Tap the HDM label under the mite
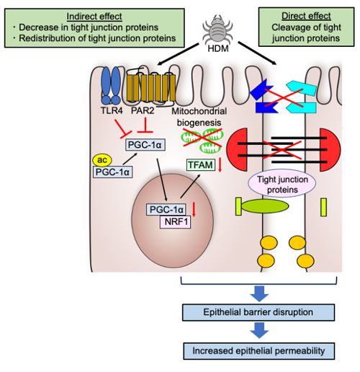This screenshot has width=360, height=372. click(218, 48)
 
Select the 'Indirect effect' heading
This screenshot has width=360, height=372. click(94, 17)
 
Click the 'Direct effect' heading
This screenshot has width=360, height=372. click(306, 16)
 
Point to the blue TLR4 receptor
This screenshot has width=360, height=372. click(111, 85)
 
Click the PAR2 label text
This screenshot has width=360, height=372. click(143, 110)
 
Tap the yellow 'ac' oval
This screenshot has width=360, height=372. click(102, 160)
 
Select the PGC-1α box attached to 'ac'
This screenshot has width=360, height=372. click(112, 172)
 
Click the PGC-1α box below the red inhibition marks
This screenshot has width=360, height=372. click(145, 145)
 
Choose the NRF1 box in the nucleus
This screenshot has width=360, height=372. click(175, 221)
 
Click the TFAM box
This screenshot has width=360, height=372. click(201, 165)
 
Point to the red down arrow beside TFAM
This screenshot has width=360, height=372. click(220, 165)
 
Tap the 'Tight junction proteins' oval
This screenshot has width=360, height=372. click(282, 184)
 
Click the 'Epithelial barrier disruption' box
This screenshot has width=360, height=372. click(258, 312)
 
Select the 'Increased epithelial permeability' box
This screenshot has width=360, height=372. click(259, 351)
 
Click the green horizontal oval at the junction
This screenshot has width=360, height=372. click(265, 206)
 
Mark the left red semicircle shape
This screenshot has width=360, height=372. click(237, 150)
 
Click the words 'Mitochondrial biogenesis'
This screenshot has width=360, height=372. click(199, 117)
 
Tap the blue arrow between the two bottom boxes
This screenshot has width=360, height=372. click(259, 330)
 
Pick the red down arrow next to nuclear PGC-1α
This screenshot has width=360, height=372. click(194, 209)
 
